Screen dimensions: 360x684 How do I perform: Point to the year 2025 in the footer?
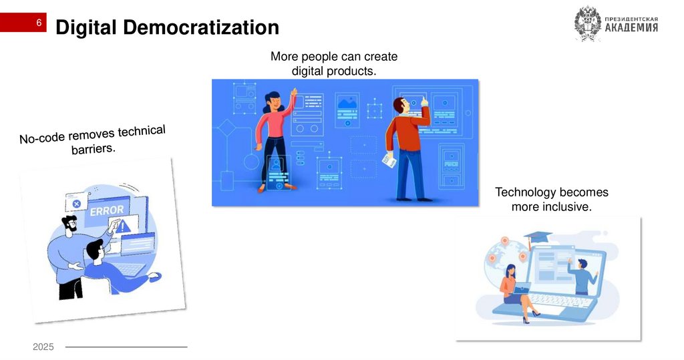coord(43,347)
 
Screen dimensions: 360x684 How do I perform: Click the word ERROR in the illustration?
coord(107,210)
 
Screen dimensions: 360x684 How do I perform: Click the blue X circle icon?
coord(77,203)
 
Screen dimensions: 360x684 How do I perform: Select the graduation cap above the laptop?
coord(538,237)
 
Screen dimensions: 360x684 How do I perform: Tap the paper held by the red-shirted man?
coord(389,160)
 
